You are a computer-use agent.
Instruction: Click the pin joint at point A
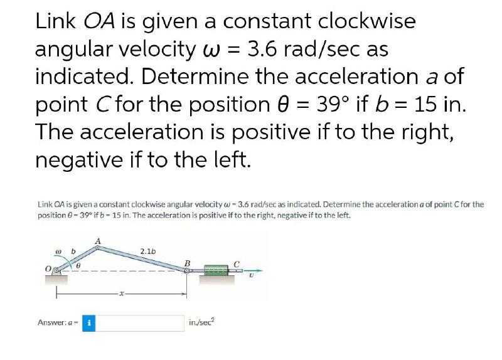(97, 248)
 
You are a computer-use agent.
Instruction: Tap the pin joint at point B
(186, 271)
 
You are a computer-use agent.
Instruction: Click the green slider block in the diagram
(216, 270)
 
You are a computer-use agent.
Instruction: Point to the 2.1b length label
(148, 251)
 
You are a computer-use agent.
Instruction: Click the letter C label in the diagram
(237, 264)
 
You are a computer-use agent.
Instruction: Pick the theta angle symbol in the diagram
(78, 266)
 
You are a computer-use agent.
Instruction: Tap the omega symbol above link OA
(58, 252)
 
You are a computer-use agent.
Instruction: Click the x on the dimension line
(121, 293)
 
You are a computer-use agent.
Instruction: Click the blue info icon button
(88, 323)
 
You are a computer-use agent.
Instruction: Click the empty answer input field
(139, 323)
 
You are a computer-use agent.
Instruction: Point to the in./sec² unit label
(201, 322)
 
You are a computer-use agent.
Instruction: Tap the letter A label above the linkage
(98, 241)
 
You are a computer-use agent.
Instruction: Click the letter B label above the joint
(188, 263)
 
